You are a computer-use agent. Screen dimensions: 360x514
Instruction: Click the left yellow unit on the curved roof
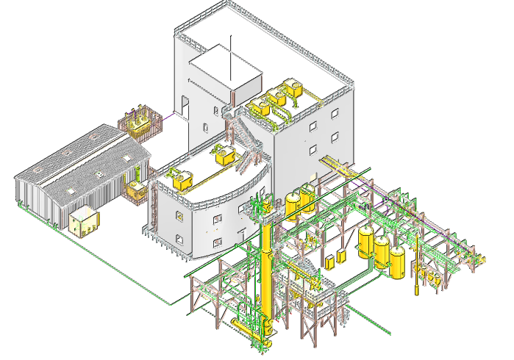(x=180, y=176)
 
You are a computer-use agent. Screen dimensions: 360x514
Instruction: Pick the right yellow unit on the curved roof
(x=225, y=155)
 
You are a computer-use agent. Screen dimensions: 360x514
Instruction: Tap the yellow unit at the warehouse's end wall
(x=135, y=190)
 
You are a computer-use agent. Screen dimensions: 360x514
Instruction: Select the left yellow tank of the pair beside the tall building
(x=293, y=205)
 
